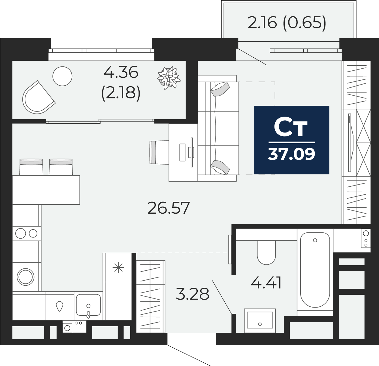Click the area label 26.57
(x=169, y=208)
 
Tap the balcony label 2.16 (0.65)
(x=287, y=23)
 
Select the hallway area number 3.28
(x=192, y=294)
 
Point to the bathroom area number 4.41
(x=266, y=283)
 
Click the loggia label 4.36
(x=121, y=72)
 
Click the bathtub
(x=315, y=270)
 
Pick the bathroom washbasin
(x=260, y=320)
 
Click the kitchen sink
(x=88, y=305)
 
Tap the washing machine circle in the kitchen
(x=25, y=277)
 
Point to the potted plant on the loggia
(x=169, y=77)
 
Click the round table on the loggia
(x=62, y=76)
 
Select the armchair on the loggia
(x=37, y=98)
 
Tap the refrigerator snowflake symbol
(x=118, y=268)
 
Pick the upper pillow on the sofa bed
(x=220, y=89)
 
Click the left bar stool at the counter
(x=31, y=167)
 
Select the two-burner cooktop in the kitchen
(x=26, y=234)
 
